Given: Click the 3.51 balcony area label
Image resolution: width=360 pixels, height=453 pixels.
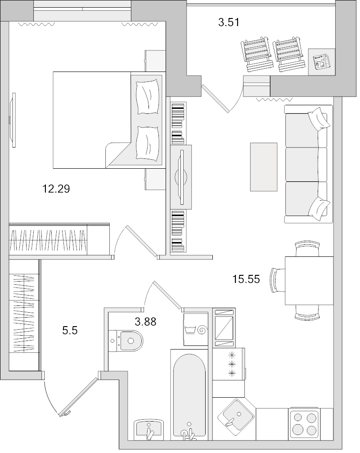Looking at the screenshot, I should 228,22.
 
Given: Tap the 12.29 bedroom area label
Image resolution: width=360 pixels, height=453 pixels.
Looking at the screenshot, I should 56,189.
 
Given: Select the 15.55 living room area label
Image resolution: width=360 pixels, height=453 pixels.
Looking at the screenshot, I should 246,279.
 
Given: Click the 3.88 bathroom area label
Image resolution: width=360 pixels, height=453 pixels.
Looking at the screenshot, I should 146,321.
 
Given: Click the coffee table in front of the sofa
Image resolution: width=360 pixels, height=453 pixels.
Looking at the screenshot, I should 264,167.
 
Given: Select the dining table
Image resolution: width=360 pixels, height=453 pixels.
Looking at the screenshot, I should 308,280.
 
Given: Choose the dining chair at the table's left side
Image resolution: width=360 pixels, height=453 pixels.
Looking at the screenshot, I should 276,280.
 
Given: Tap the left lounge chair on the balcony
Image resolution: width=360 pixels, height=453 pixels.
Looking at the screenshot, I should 256,54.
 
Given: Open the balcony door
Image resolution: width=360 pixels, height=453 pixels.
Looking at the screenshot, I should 216,98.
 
